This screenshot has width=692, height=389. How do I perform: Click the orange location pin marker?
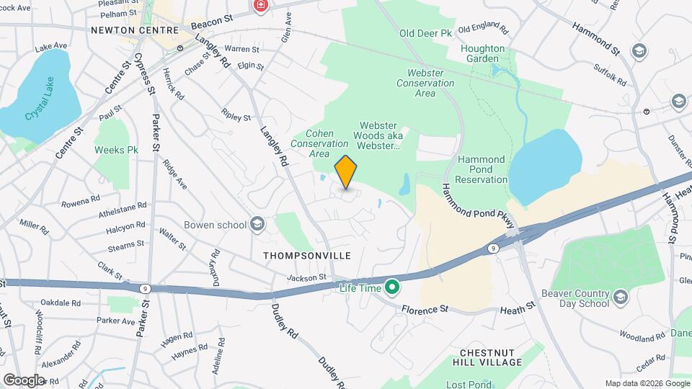click(x=346, y=172)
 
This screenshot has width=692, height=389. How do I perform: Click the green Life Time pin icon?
click(x=392, y=288)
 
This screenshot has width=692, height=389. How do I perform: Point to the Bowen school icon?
click(x=257, y=224)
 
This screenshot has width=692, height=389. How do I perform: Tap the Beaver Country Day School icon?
click(x=620, y=295)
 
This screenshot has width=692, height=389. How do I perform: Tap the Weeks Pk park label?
click(x=116, y=151)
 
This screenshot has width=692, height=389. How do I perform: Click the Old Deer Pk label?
click(x=425, y=33)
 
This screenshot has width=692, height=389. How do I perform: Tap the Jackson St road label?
click(x=306, y=277)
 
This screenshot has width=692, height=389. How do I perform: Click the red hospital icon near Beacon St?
click(x=260, y=6)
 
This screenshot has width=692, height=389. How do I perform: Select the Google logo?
click(x=24, y=380)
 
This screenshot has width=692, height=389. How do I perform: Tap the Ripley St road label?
click(x=236, y=116)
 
